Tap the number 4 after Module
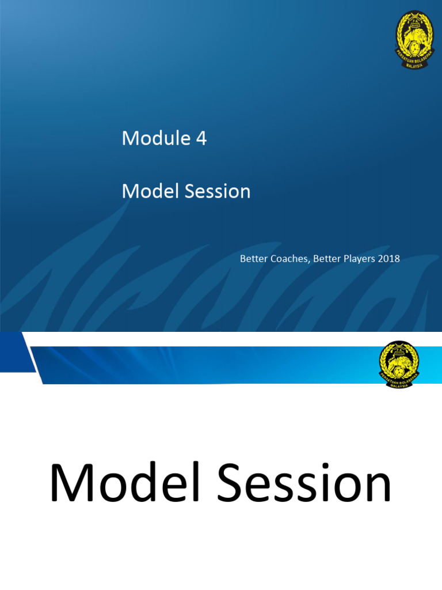(x=201, y=139)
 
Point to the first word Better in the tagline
(x=253, y=259)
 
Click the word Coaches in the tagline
(x=291, y=259)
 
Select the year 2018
(x=389, y=259)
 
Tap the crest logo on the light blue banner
(x=399, y=364)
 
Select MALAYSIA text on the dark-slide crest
(x=414, y=65)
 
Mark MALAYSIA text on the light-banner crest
(x=399, y=384)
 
